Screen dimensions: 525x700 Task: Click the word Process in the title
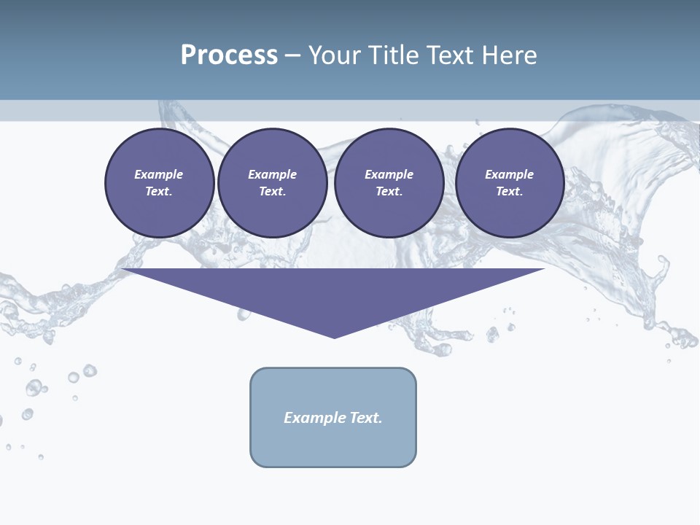coord(229,55)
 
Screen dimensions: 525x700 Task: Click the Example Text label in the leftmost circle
coord(159,183)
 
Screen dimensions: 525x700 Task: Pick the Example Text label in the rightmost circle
coord(509,183)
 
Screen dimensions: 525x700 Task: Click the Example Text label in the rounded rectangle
coord(333,418)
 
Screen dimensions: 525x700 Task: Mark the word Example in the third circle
coord(389,174)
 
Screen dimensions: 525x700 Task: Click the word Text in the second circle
coord(272,191)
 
